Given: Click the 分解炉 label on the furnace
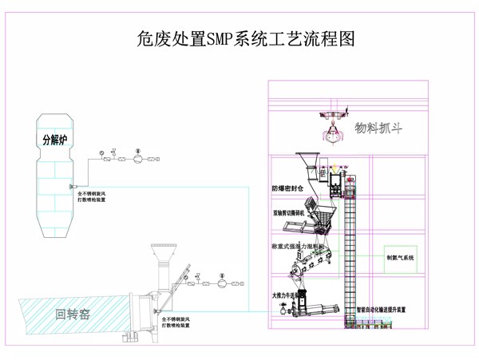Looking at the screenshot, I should click(56, 140).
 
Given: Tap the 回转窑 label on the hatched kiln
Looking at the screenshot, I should click(73, 314).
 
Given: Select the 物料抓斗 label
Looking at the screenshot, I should click(378, 127).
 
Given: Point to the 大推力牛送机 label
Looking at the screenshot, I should click(285, 296).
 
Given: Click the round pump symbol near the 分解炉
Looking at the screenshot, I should click(137, 158).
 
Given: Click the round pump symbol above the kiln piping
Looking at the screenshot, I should click(222, 282).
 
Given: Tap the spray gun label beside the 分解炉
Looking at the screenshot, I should click(91, 196).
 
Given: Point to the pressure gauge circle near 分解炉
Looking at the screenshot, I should click(101, 152).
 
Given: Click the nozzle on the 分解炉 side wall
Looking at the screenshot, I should click(73, 187).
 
